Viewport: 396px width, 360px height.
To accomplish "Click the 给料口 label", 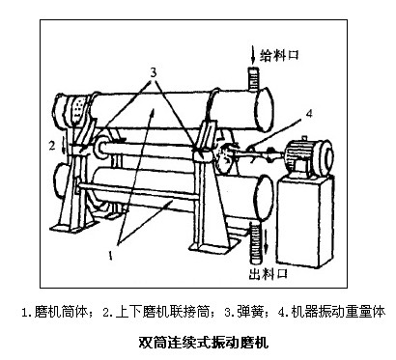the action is point(279,54).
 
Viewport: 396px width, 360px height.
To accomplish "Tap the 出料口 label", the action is point(269,274).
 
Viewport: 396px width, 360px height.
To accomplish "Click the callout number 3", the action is point(154,72).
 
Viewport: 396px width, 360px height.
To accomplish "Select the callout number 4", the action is point(309,113).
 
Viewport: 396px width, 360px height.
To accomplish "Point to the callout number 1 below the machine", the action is point(110,255).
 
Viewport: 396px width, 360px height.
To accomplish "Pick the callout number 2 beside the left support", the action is point(52,146).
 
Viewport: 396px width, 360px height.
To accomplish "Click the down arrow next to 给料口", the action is point(253,55).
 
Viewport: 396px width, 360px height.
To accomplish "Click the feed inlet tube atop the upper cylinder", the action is point(253,79).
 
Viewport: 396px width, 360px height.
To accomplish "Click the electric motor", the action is point(308,156).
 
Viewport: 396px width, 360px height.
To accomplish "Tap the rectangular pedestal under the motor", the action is point(303,222).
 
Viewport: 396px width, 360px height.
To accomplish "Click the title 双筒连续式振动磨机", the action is point(204,342).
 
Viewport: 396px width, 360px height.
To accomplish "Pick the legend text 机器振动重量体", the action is point(338,312).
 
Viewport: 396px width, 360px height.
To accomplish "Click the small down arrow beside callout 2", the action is point(64,147).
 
